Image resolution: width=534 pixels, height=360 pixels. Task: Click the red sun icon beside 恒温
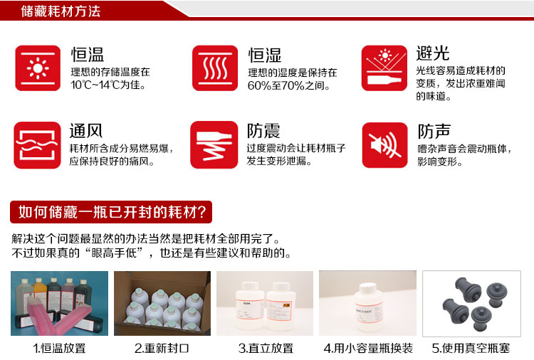pyautogui.click(x=38, y=68)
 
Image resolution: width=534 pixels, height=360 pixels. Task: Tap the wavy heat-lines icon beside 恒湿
pyautogui.click(x=215, y=68)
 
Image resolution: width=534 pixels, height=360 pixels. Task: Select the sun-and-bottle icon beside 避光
pyautogui.click(x=384, y=68)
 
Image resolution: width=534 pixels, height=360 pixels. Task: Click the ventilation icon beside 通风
pyautogui.click(x=38, y=145)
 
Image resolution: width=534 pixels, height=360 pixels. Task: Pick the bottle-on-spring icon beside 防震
pyautogui.click(x=214, y=145)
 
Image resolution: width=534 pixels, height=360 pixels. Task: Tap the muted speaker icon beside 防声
pyautogui.click(x=384, y=145)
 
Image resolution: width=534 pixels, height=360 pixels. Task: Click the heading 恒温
pyautogui.click(x=88, y=55)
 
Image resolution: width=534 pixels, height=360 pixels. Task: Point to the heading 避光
pyautogui.click(x=433, y=53)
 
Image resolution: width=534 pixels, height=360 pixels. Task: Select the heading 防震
pyautogui.click(x=263, y=131)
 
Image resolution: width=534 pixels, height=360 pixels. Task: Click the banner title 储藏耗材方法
pyautogui.click(x=61, y=11)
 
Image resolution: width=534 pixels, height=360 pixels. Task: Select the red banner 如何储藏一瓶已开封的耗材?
pyautogui.click(x=111, y=212)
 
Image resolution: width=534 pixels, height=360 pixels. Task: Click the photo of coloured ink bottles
pyautogui.click(x=59, y=303)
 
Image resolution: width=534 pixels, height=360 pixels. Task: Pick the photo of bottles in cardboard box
pyautogui.click(x=162, y=303)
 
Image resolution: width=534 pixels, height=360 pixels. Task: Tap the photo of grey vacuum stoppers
pyautogui.click(x=471, y=304)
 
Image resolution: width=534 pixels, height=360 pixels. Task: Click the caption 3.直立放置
pyautogui.click(x=266, y=348)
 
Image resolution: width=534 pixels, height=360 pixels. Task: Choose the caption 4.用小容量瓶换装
pyautogui.click(x=368, y=348)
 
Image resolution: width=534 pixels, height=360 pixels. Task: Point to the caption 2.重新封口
pyautogui.click(x=162, y=348)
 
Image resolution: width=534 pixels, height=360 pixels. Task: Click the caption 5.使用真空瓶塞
pyautogui.click(x=471, y=348)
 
